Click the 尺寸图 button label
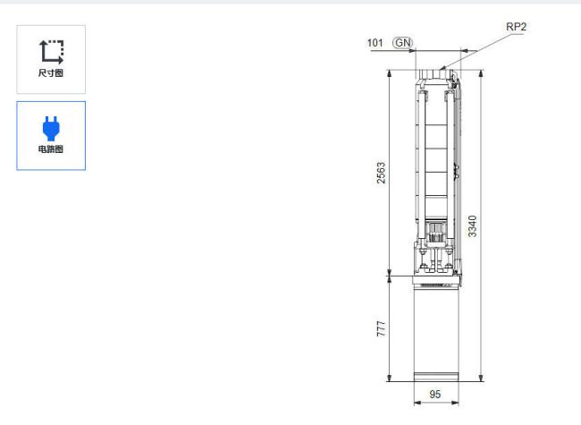coord(51,72)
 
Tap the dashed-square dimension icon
coord(51,52)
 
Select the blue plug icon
coord(51,128)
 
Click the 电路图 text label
coord(51,149)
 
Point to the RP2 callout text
coord(516,27)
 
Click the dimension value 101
coord(375,43)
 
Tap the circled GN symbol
coord(403,43)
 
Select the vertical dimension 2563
coord(381,173)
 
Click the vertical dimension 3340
coord(472,225)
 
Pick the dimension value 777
coord(381,329)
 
